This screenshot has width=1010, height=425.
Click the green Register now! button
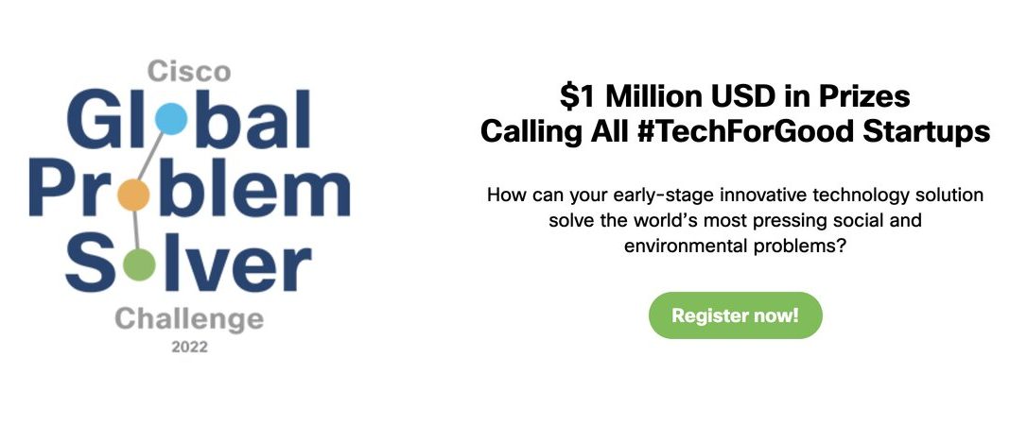[x=735, y=315]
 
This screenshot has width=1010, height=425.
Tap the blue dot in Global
[x=170, y=118]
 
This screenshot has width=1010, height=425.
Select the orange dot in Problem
[x=134, y=195]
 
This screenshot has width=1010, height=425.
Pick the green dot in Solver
[x=138, y=264]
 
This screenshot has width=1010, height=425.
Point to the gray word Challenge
[x=189, y=318]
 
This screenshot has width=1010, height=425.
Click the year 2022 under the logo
[x=189, y=348]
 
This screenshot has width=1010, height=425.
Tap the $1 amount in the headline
[x=579, y=96]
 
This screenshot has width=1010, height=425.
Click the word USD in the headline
[x=739, y=96]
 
